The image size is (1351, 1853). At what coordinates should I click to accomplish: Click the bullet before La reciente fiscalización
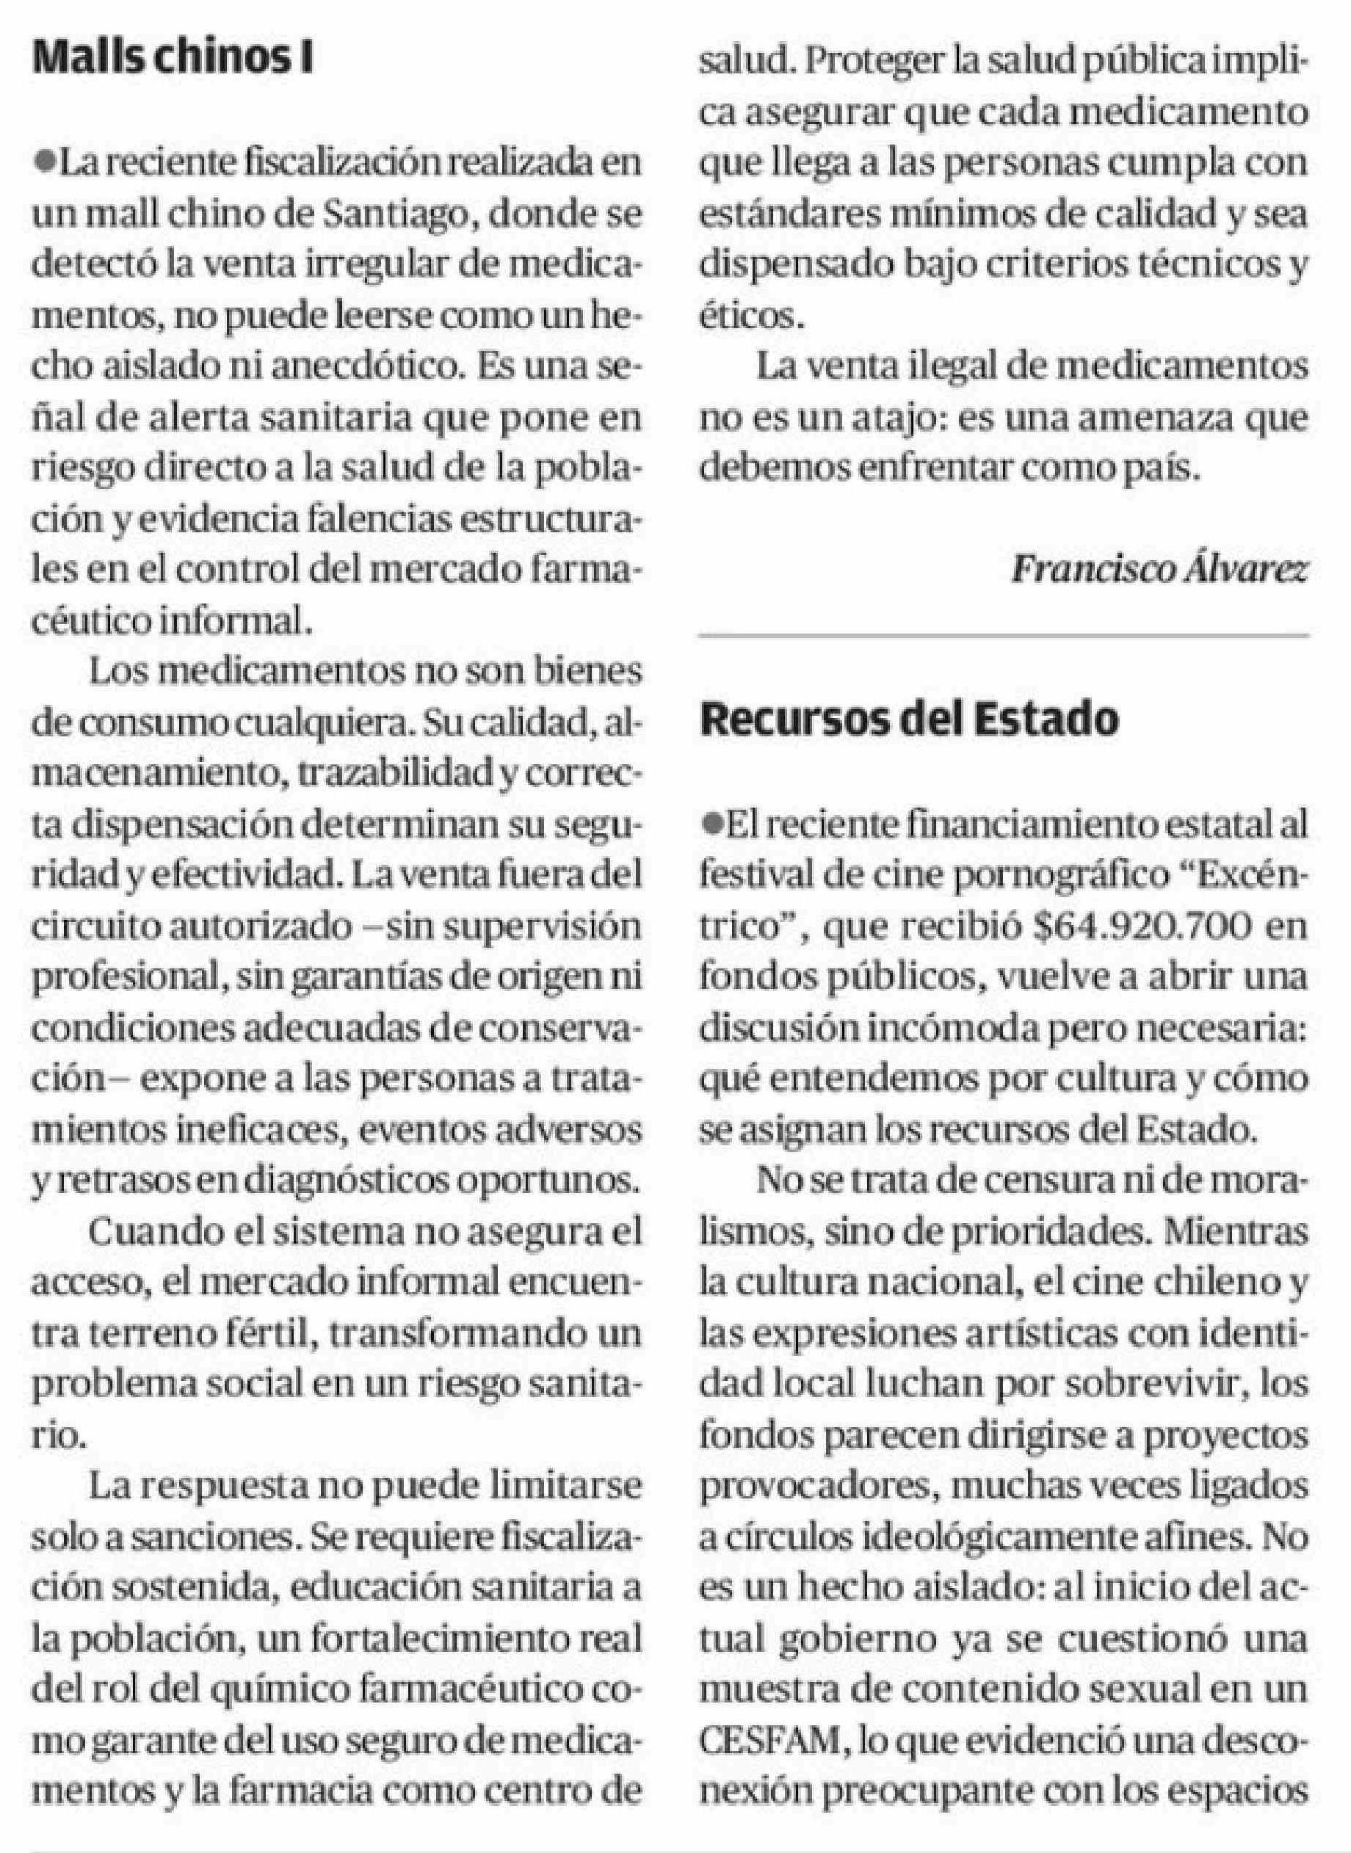(43, 164)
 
